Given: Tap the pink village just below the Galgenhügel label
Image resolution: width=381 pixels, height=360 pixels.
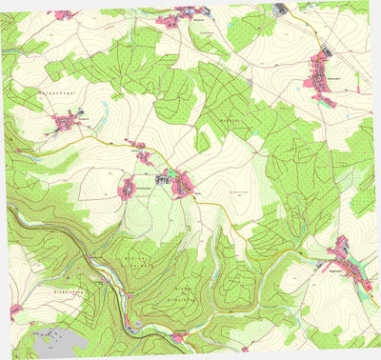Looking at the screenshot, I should (67, 121).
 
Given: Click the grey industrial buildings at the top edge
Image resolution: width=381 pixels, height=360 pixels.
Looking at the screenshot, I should (282, 10).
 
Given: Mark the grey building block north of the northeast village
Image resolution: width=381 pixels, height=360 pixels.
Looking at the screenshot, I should (325, 51).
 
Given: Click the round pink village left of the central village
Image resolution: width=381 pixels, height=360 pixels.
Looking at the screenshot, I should (127, 188).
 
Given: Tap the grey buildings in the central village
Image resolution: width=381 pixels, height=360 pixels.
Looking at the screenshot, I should (163, 175).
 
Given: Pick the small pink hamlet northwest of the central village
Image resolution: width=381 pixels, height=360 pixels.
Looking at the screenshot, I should (140, 154).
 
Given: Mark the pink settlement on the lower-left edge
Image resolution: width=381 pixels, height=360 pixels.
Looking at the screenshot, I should (16, 310).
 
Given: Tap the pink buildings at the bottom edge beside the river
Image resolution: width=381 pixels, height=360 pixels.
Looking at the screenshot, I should (178, 336).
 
